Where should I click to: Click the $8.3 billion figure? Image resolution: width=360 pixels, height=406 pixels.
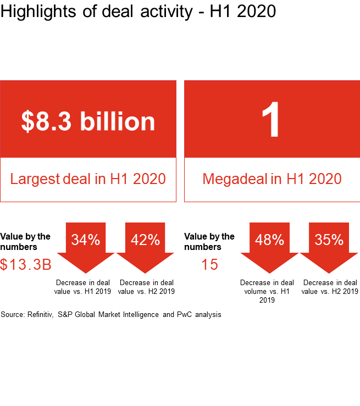(x=88, y=121)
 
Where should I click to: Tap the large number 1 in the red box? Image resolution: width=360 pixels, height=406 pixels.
(x=271, y=121)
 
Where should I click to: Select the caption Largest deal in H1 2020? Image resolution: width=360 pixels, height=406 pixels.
(x=88, y=179)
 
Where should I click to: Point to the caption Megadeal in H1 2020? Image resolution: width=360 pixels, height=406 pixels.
(x=272, y=179)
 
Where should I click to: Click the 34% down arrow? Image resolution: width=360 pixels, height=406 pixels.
(x=87, y=244)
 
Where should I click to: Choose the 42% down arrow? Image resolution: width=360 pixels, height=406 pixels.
(x=146, y=244)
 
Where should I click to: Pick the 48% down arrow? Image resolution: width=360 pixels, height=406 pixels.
(x=269, y=244)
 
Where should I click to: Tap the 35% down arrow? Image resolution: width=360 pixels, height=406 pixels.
(x=329, y=244)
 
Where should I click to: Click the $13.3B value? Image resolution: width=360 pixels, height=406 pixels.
(x=26, y=265)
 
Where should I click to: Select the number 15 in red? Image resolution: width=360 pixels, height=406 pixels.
(x=209, y=265)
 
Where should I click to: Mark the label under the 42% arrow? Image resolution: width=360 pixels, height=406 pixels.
(x=146, y=287)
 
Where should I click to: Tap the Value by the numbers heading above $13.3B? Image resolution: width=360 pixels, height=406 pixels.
(x=25, y=242)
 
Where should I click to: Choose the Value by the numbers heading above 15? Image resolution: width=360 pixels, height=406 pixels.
(x=209, y=242)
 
